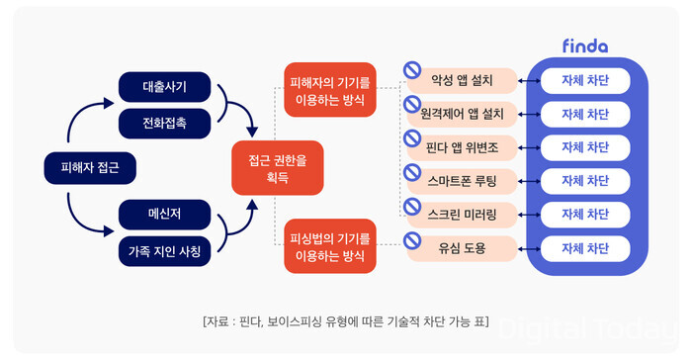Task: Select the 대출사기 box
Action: [165, 88]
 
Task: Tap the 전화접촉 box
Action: [165, 124]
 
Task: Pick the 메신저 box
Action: [165, 213]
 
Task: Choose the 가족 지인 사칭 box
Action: [165, 250]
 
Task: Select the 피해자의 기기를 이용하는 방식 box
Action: [329, 90]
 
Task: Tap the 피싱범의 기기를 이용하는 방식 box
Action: [329, 247]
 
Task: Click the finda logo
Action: [584, 45]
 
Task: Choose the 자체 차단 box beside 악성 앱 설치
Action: [584, 80]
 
